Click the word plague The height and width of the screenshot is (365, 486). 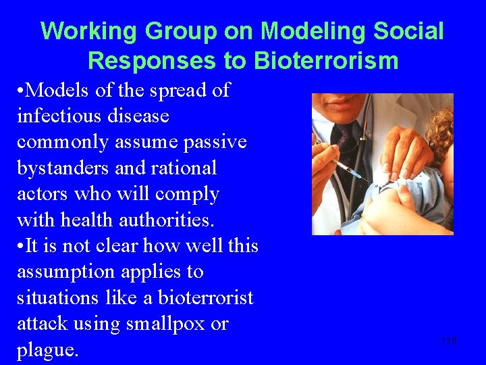click(x=47, y=350)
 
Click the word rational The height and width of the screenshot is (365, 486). click(x=183, y=168)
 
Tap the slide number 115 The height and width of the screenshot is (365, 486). click(x=449, y=341)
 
